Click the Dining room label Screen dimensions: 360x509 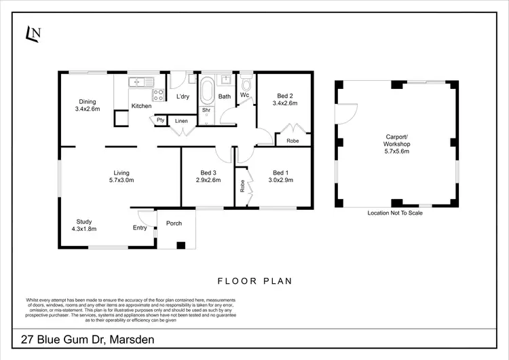tap(87, 102)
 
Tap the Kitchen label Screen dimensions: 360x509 tap(141, 106)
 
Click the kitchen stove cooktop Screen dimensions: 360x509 tap(159, 94)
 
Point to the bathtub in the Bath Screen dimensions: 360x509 tap(206, 90)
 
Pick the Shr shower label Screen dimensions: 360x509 tap(206, 109)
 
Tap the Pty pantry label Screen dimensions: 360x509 tap(160, 120)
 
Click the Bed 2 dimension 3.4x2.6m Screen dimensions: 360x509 tap(285, 103)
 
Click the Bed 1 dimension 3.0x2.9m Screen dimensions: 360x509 tap(280, 180)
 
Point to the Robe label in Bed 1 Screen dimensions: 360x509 tap(242, 186)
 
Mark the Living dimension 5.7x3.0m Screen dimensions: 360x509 tap(121, 180)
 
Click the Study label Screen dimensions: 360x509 tap(84, 221)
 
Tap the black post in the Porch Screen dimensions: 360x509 tap(180, 244)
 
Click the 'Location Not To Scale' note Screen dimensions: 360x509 tap(395, 213)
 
